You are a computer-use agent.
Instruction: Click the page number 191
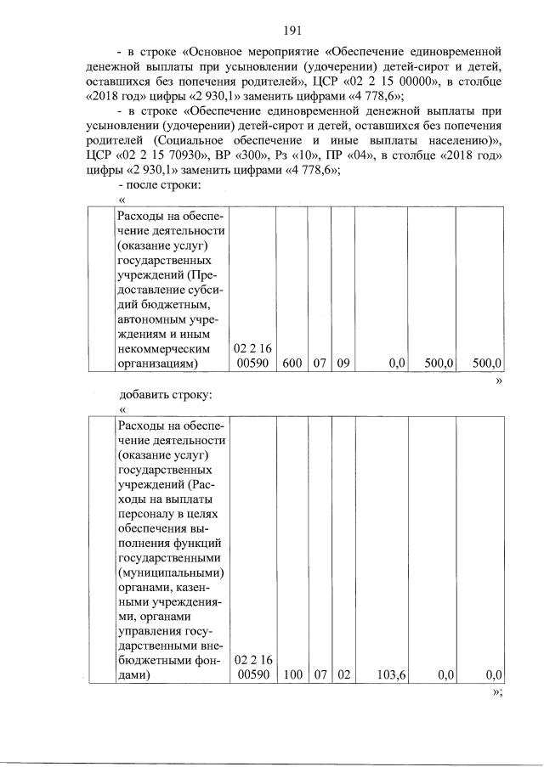pyautogui.click(x=293, y=31)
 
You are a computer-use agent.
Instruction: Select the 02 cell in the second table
pyautogui.click(x=342, y=675)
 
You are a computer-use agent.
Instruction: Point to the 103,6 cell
pyautogui.click(x=390, y=675)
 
